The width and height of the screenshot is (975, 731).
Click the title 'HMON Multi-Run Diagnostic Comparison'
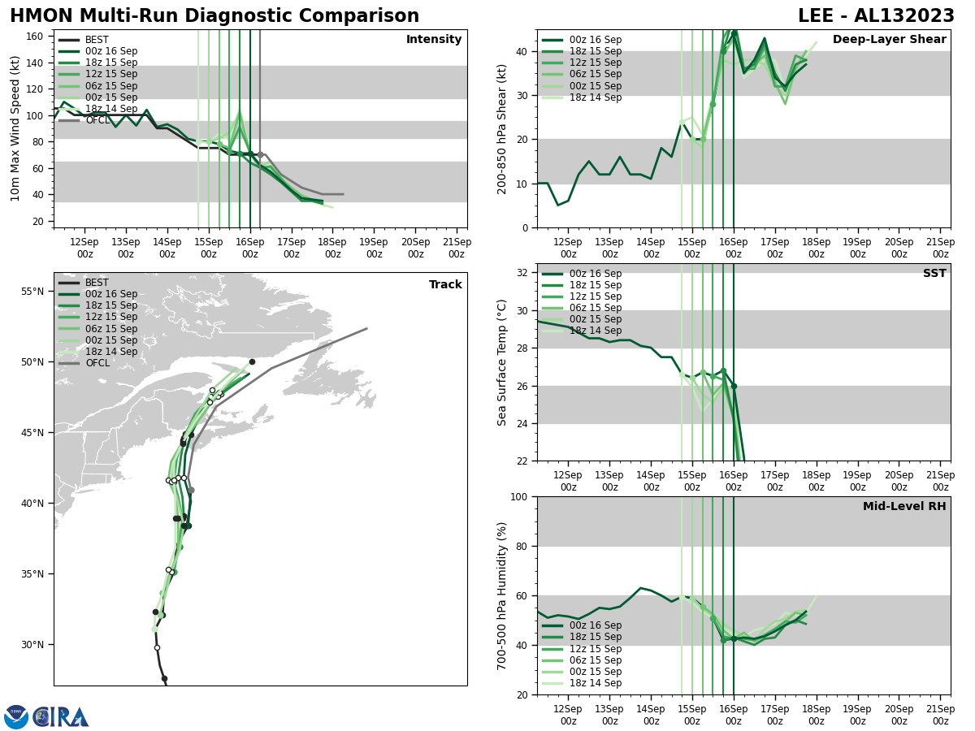click(214, 16)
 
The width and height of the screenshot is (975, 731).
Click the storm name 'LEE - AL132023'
click(876, 16)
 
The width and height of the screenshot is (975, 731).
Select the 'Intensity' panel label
click(434, 40)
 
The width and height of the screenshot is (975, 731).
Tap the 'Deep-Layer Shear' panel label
click(889, 40)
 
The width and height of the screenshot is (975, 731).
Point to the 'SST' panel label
click(934, 274)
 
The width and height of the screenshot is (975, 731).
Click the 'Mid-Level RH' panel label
click(904, 507)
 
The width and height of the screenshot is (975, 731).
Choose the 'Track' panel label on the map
click(445, 285)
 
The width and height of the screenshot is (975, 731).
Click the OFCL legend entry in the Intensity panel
click(97, 120)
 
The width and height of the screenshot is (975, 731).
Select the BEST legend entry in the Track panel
click(97, 283)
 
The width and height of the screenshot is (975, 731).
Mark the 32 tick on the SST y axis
click(524, 273)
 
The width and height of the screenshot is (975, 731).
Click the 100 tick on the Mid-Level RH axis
click(518, 496)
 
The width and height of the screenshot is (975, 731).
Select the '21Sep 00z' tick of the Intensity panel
click(457, 248)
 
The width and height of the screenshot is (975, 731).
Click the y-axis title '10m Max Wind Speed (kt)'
click(15, 128)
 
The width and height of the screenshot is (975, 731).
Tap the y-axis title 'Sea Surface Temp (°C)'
click(503, 362)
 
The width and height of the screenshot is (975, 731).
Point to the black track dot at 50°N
click(252, 361)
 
